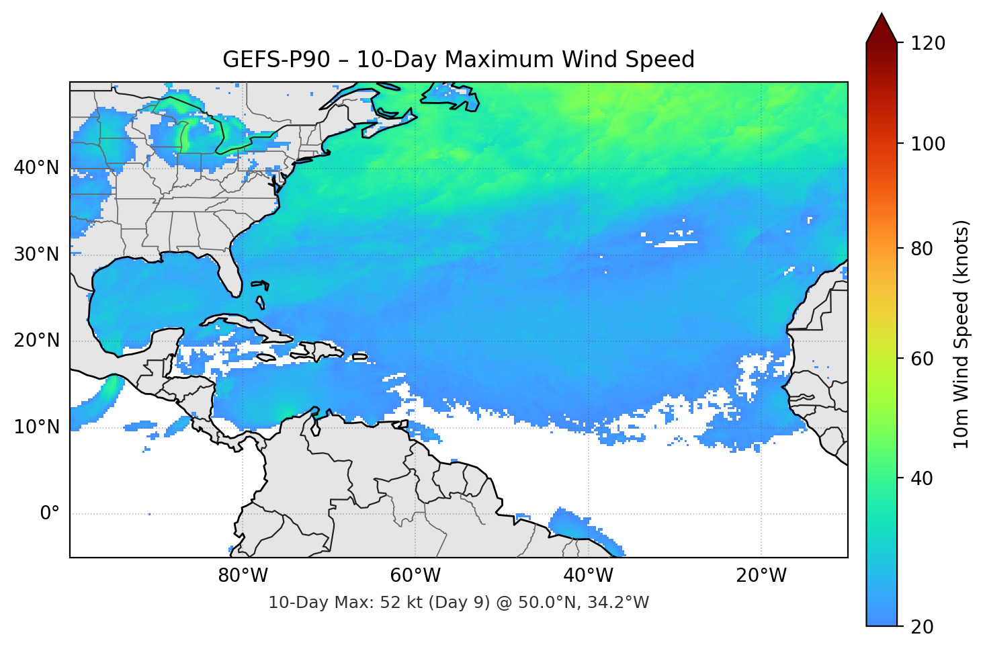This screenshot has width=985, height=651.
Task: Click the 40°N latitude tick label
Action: [36, 167]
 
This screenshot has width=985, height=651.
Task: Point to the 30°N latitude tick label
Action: [36, 254]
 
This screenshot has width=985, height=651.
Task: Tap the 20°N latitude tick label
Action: [36, 341]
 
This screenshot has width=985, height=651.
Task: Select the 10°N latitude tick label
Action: [36, 427]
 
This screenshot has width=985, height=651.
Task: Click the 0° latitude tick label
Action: [50, 513]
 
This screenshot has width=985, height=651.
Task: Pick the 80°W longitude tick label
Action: [243, 576]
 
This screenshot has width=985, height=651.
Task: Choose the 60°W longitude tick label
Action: [415, 576]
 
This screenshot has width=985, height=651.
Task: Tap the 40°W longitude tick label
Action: [588, 576]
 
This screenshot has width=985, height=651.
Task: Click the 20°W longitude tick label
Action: [761, 576]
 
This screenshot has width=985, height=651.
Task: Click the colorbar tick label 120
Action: [928, 43]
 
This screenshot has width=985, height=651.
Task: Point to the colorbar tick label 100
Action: [928, 144]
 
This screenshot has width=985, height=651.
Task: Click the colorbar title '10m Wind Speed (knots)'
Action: [961, 334]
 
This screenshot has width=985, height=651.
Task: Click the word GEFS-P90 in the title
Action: [276, 60]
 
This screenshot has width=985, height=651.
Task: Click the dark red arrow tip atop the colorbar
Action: [882, 27]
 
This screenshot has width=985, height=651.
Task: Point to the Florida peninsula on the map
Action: [229, 272]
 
